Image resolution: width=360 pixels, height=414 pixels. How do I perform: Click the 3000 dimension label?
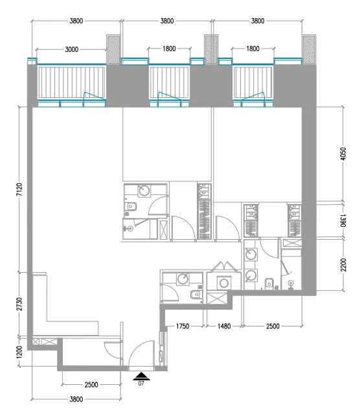tap(71, 49)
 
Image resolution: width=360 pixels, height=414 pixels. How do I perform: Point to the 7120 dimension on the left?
tap(19, 190)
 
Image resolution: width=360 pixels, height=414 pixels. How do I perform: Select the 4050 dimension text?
tap(343, 154)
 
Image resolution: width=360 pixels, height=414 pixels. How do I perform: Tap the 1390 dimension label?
tap(343, 220)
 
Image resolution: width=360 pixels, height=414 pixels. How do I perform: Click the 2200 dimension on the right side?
tap(343, 265)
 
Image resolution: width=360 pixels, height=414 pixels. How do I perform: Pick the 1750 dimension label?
tap(183, 327)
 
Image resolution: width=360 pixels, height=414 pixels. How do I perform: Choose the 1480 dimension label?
tap(224, 327)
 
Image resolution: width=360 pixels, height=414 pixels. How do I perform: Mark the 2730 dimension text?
tap(19, 304)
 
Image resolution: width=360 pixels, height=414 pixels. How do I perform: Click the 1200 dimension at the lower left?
tap(19, 352)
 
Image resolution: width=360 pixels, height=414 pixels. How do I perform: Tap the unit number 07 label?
tap(141, 384)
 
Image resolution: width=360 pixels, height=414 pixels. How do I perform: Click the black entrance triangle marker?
tap(141, 376)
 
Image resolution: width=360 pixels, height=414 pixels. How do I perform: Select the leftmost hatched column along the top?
tap(113, 49)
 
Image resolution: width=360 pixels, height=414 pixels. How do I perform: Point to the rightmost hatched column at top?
tap(309, 49)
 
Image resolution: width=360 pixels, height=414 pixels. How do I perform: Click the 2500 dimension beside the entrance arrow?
tap(91, 385)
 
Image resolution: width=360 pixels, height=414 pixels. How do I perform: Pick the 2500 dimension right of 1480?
tap(273, 327)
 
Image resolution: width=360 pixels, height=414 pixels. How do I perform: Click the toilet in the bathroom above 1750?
tap(196, 294)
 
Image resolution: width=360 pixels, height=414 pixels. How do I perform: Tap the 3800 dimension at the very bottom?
tap(76, 400)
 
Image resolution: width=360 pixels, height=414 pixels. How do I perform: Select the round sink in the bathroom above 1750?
tap(183, 279)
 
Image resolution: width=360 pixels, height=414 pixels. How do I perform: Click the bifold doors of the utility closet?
tap(224, 266)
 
